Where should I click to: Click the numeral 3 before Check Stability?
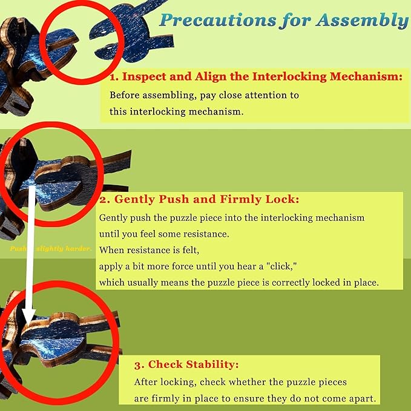pos(139,364)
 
